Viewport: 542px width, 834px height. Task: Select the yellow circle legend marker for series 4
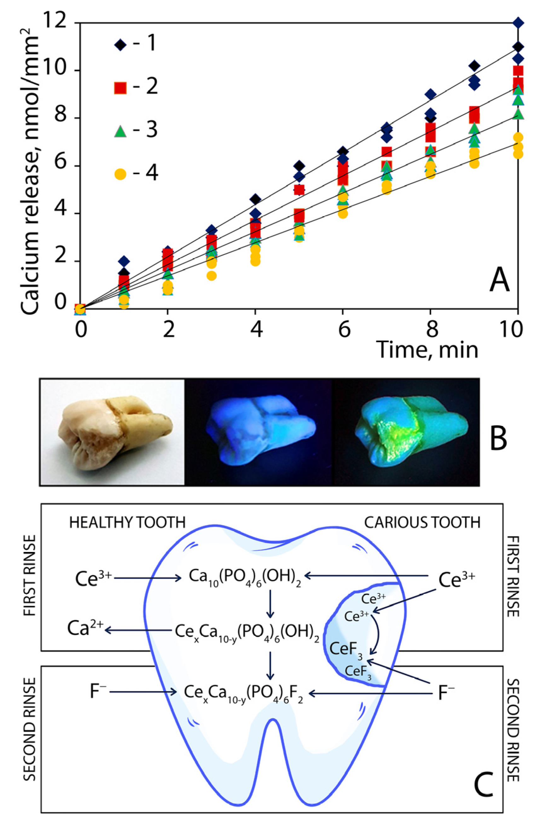pos(120,174)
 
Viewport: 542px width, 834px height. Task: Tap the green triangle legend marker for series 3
pos(120,131)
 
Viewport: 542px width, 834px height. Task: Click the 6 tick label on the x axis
pos(344,329)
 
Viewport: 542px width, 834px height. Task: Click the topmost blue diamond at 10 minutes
pos(518,23)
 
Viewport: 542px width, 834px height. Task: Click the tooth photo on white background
pos(112,432)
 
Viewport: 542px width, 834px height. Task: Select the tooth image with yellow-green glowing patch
pos(406,432)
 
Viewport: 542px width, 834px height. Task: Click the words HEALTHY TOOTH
pos(127,523)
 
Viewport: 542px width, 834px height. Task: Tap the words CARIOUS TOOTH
pos(422,523)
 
